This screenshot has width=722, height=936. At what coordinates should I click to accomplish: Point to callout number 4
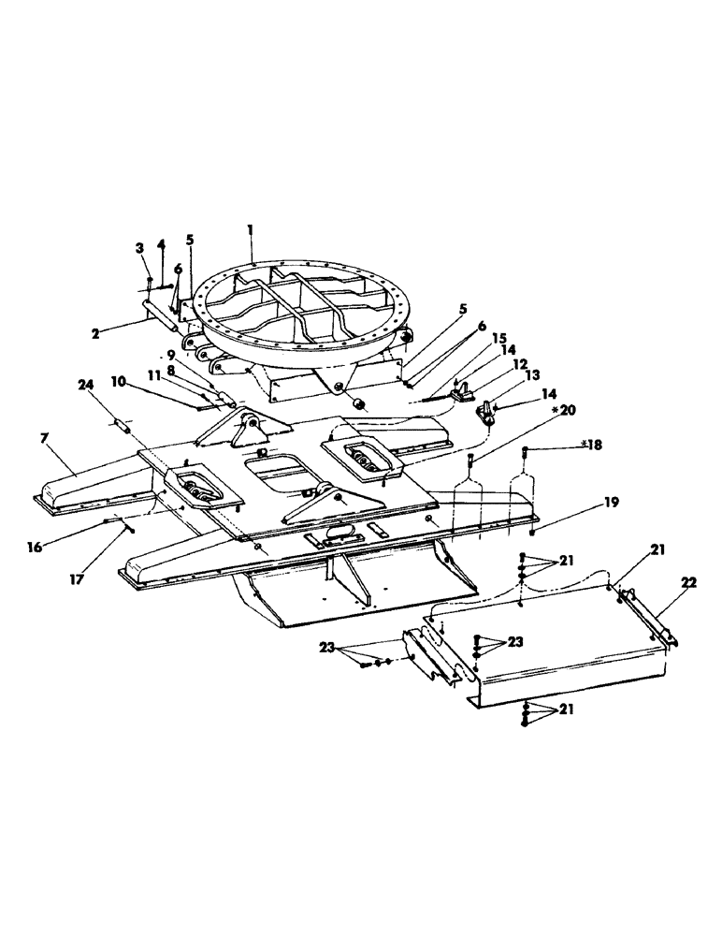point(161,245)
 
